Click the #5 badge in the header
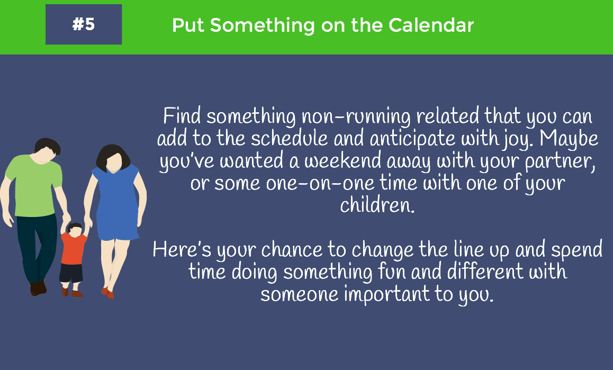(84, 24)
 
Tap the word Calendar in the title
(431, 25)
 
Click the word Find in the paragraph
(182, 116)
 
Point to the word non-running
(356, 117)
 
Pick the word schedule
(290, 138)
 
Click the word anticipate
(412, 139)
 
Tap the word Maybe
(569, 139)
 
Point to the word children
(377, 205)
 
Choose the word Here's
(182, 249)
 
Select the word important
(386, 294)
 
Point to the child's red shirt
(74, 248)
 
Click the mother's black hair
(113, 157)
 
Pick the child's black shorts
(71, 273)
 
